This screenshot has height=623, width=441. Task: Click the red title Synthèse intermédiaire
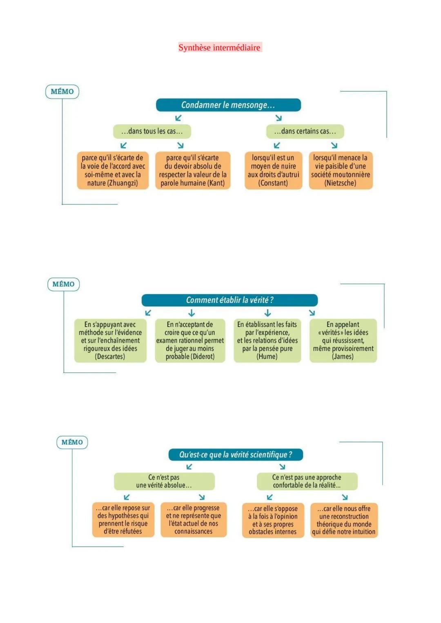[x=219, y=48]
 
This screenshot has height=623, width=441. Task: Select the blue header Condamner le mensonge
[x=228, y=105]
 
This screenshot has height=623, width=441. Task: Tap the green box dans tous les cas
[x=152, y=131]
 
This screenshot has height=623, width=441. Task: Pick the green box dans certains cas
[x=305, y=131]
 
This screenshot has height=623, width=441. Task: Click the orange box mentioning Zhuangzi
[x=113, y=171]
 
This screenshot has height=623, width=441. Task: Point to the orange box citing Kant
[x=193, y=171]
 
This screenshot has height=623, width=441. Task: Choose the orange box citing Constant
[x=273, y=171]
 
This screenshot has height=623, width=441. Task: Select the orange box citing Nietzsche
[x=341, y=171]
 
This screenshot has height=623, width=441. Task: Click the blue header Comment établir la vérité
[x=229, y=300]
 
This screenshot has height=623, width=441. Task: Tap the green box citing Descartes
[x=110, y=341]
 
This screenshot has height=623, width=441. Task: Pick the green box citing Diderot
[x=190, y=341]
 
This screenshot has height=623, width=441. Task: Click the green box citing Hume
[x=267, y=341]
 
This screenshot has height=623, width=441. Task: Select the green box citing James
[x=343, y=341]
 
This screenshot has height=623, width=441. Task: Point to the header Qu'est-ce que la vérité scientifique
[x=236, y=455]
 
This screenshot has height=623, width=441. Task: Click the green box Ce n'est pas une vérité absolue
[x=164, y=481]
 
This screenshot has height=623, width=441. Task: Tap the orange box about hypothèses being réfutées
[x=123, y=520]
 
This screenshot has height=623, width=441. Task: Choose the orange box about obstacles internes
[x=273, y=520]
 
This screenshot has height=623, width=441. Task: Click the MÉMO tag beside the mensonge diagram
[x=62, y=92]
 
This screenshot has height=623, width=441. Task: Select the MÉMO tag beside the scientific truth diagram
[x=72, y=442]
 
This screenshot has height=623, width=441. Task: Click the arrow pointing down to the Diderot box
[x=192, y=313]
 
